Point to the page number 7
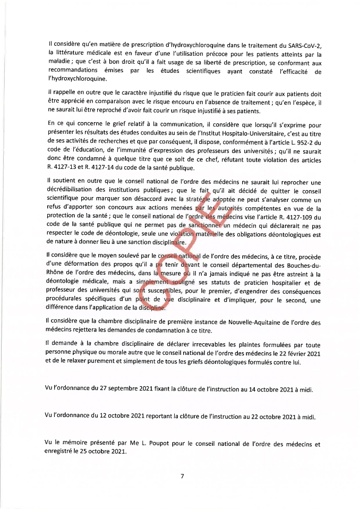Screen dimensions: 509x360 (x=182, y=476)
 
